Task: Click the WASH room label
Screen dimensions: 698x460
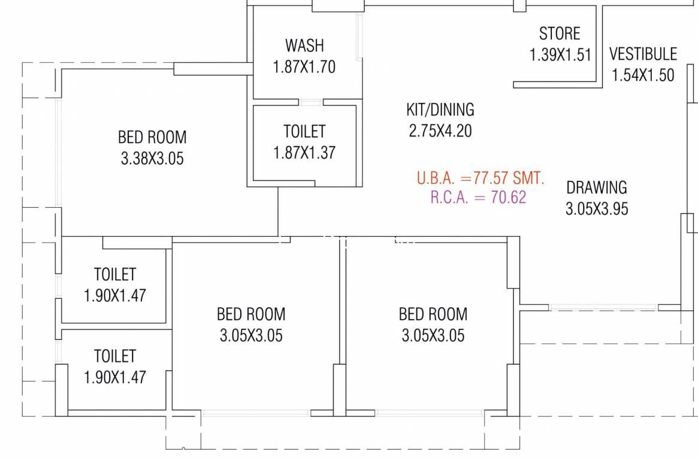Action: pyautogui.click(x=304, y=46)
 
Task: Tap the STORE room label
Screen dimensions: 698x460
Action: pyautogui.click(x=560, y=34)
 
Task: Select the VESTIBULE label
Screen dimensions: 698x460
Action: pyautogui.click(x=643, y=54)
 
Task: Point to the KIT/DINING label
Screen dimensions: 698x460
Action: pyautogui.click(x=440, y=110)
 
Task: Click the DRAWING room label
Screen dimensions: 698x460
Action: pyautogui.click(x=597, y=187)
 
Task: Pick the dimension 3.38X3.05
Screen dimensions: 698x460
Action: pyautogui.click(x=152, y=158)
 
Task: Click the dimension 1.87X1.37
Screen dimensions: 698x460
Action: pyautogui.click(x=304, y=153)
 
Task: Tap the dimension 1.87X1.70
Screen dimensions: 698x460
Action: pyautogui.click(x=304, y=66)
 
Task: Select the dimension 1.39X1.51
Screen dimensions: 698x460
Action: pyautogui.click(x=560, y=55)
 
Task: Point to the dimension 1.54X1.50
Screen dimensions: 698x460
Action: pyautogui.click(x=643, y=75)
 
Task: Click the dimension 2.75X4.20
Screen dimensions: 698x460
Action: pyautogui.click(x=440, y=131)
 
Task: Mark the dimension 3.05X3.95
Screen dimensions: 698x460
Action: pyautogui.click(x=597, y=208)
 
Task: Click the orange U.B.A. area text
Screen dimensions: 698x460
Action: pyautogui.click(x=481, y=178)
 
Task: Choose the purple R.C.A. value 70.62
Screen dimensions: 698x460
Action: pyautogui.click(x=508, y=197)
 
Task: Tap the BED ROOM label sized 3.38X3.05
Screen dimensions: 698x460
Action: pyautogui.click(x=152, y=137)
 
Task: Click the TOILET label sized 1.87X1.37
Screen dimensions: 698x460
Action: pyautogui.click(x=304, y=131)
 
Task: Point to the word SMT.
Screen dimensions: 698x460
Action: pyautogui.click(x=528, y=178)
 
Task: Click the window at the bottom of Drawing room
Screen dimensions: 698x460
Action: pyautogui.click(x=603, y=307)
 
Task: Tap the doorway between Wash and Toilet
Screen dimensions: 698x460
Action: pyautogui.click(x=311, y=102)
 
